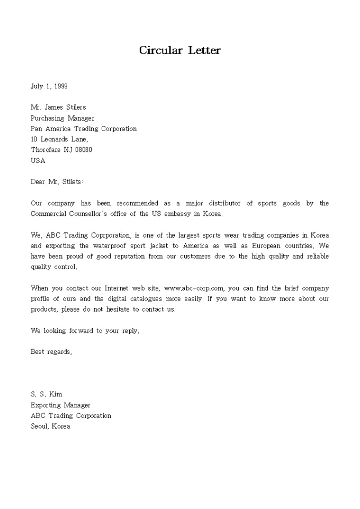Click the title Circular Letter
click(x=180, y=51)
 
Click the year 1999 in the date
click(x=59, y=86)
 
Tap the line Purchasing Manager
click(x=62, y=118)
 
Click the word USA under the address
click(x=38, y=160)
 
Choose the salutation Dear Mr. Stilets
click(x=57, y=182)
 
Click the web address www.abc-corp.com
click(x=195, y=288)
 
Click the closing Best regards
click(x=51, y=352)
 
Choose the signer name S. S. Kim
click(x=47, y=394)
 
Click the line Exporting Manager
click(x=60, y=405)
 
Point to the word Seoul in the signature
click(x=40, y=426)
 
